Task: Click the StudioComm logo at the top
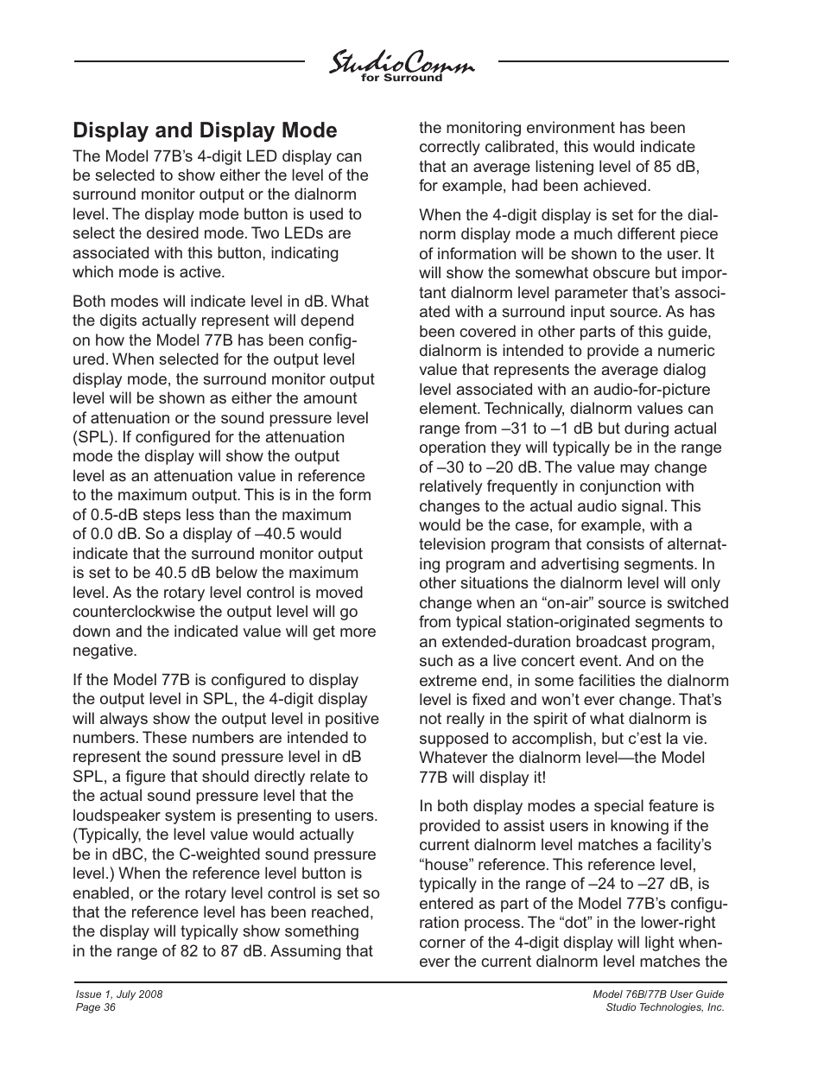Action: (401, 64)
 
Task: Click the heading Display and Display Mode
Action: (205, 130)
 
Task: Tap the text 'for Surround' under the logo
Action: (401, 78)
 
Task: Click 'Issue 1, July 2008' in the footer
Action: (120, 994)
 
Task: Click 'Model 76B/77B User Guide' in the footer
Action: (658, 994)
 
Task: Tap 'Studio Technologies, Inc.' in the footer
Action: (665, 1007)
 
